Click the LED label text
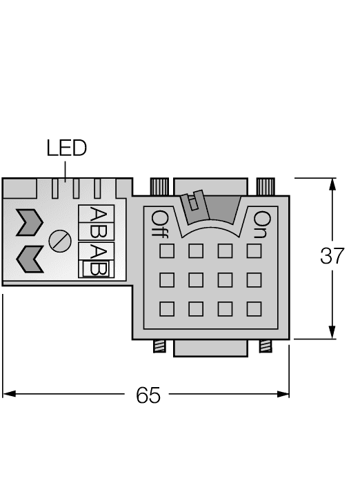(x=66, y=148)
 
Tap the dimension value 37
(x=332, y=256)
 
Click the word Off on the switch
(x=157, y=225)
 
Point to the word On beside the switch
(x=261, y=225)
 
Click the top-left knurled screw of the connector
(x=159, y=186)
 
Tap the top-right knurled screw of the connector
(x=266, y=186)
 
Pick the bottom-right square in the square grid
(x=254, y=308)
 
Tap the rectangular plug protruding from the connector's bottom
(x=210, y=348)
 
